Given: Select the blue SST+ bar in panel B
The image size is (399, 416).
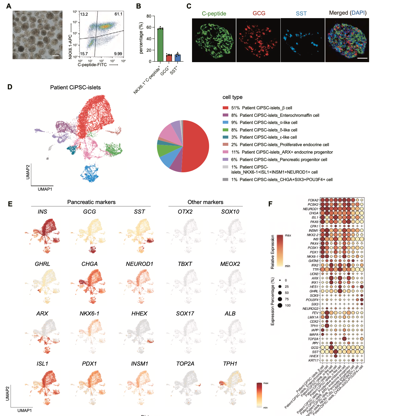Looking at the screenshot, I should [x=178, y=58].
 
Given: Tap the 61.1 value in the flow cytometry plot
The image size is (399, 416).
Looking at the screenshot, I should [x=118, y=14].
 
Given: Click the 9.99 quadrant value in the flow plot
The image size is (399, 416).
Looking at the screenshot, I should [x=118, y=54].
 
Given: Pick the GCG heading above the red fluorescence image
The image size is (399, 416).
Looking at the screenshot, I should [x=259, y=13].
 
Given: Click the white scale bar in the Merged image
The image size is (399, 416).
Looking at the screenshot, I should [x=362, y=58].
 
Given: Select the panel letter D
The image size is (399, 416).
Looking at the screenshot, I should [x=10, y=87].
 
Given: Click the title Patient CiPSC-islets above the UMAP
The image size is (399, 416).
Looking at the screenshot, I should [x=75, y=87].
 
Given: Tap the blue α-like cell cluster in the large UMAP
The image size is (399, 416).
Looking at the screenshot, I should [x=90, y=173].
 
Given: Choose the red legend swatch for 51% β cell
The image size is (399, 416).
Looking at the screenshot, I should [x=225, y=108].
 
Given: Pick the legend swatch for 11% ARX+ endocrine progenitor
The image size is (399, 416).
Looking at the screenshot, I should [x=225, y=152].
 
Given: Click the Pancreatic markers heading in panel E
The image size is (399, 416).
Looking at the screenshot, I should [x=91, y=202].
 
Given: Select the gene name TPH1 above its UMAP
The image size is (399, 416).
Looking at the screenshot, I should [x=230, y=364].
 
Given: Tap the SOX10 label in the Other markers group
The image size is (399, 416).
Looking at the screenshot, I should [x=230, y=212].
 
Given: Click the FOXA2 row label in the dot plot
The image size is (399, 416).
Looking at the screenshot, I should [x=313, y=200].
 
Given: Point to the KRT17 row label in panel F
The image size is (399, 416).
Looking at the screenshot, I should [x=313, y=361].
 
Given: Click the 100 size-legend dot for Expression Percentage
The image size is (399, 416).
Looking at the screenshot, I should [x=280, y=305].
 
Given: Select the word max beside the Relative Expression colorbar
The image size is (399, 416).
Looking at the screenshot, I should [x=288, y=235].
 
